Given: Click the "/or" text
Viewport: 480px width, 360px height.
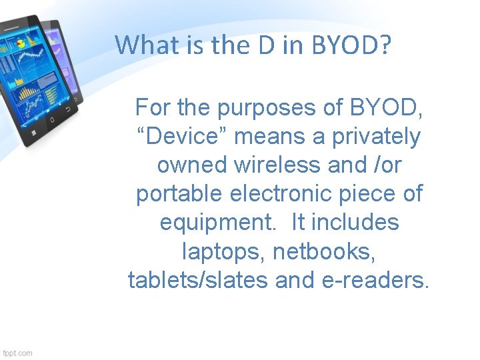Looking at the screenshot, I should (386, 165).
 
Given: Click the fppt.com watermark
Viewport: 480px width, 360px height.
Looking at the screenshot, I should (17, 353).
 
